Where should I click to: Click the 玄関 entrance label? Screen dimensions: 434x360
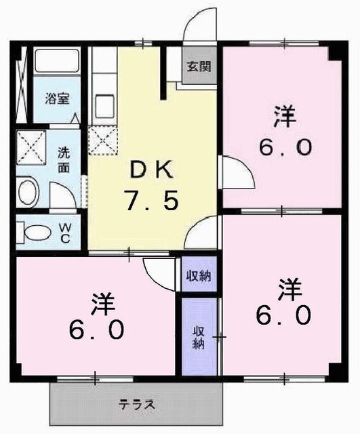tap(199, 67)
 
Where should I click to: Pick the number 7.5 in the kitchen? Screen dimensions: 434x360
tap(150, 201)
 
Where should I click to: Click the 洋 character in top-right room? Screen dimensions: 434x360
tap(285, 117)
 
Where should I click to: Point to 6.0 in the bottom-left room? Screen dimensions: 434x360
tap(98, 330)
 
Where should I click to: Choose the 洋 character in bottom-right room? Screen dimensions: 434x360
tap(287, 288)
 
